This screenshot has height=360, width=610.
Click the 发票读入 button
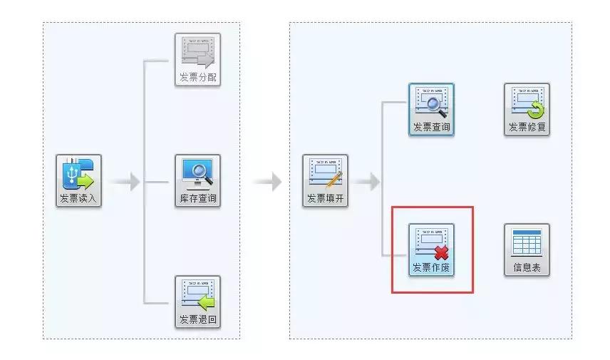tap(79, 181)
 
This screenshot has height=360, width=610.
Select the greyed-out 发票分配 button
tap(197, 60)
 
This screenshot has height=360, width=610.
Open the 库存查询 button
tap(197, 181)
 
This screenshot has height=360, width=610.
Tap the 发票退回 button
tap(197, 302)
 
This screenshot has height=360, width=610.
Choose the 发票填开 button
tap(326, 181)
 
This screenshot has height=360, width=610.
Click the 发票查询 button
tap(431, 110)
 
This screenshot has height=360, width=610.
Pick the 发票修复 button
tap(527, 110)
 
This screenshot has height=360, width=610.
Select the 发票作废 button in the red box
tap(431, 250)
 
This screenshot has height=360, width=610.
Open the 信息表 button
tap(527, 250)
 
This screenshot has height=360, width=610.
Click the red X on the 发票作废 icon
tap(441, 253)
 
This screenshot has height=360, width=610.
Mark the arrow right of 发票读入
tap(125, 182)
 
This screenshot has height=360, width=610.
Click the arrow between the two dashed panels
tap(267, 182)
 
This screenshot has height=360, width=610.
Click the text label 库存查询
tap(197, 198)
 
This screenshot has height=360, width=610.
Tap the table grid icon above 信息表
tap(527, 242)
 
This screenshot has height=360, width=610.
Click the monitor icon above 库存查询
tap(197, 173)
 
